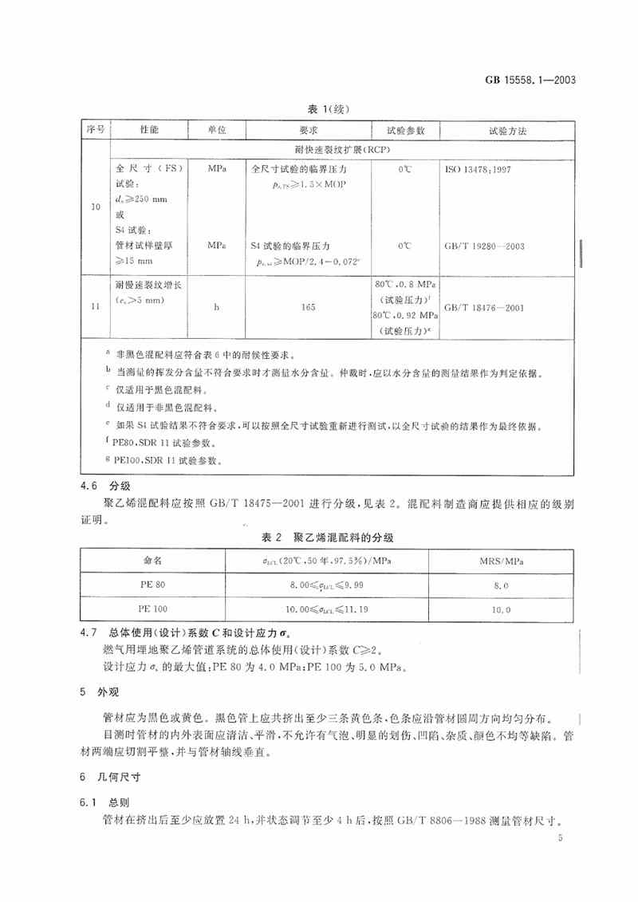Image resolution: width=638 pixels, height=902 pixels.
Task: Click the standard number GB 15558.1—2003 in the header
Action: [536, 81]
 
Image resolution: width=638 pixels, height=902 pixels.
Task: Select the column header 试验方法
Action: [507, 129]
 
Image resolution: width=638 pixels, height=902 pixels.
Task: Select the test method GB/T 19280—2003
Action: [489, 247]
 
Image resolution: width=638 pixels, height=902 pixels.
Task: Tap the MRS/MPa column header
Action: [501, 562]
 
